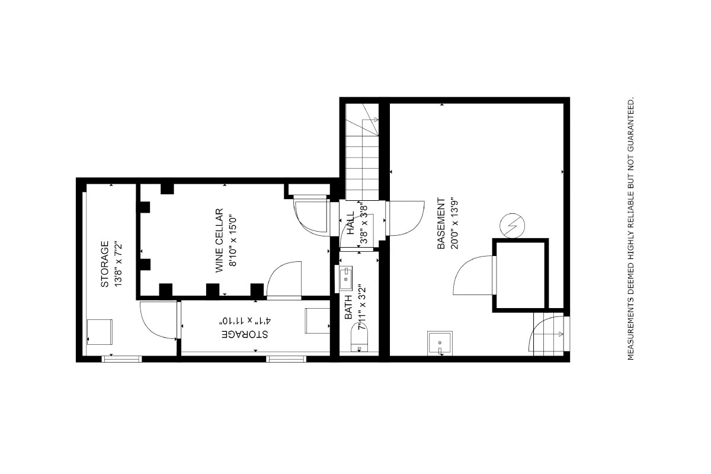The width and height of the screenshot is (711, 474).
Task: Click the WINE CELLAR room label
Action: click(x=219, y=241)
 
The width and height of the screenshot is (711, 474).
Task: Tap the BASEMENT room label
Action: click(x=441, y=223)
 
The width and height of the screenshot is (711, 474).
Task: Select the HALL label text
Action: click(x=350, y=223)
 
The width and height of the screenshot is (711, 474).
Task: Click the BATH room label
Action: click(x=348, y=308)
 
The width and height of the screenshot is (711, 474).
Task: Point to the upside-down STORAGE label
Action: click(x=244, y=334)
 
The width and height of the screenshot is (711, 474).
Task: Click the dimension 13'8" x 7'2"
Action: click(x=118, y=265)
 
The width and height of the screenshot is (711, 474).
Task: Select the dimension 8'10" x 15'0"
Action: click(x=233, y=241)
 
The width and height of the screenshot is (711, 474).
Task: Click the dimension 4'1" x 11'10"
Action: click(x=245, y=321)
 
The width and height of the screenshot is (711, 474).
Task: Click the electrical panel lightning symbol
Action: click(x=512, y=226)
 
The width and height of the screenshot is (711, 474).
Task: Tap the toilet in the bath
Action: click(x=359, y=338)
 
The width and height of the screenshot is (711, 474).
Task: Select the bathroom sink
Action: click(x=345, y=278)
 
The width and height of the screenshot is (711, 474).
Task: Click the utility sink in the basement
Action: click(x=440, y=344)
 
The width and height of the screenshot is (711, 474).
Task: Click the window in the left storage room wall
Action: click(x=121, y=358)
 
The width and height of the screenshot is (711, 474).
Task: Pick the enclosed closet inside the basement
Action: click(x=520, y=275)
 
